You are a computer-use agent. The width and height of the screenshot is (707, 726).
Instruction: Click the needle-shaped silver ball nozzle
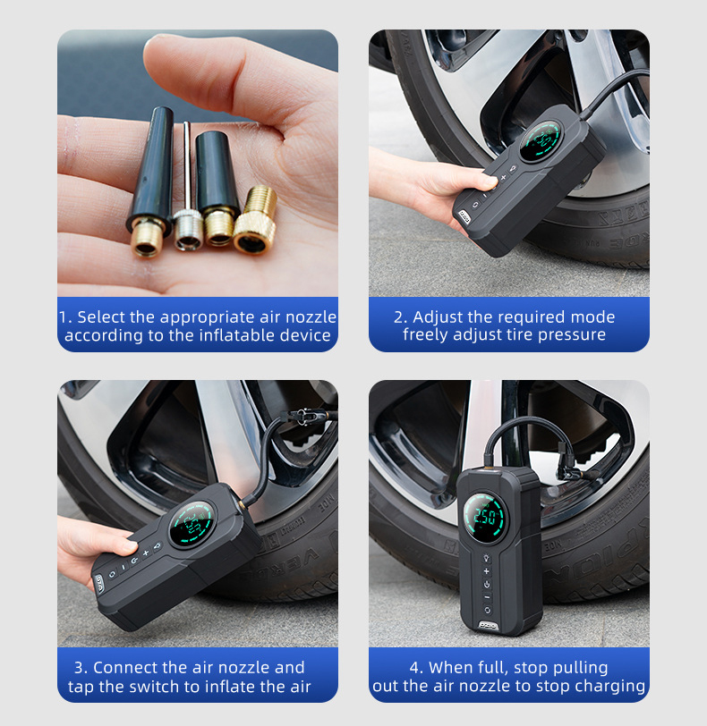[x=187, y=195]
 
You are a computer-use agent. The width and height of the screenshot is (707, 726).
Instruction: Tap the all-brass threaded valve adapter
[x=256, y=220]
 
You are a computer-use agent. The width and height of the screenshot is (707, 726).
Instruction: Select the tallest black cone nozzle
[x=149, y=181]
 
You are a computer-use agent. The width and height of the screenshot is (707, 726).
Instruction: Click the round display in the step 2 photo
[x=540, y=140]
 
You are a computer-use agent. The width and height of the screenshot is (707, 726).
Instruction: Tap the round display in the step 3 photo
[x=192, y=524]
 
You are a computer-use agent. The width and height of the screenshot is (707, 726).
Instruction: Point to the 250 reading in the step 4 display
[x=483, y=517]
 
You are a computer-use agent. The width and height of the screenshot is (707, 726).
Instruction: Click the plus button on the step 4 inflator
[x=487, y=571]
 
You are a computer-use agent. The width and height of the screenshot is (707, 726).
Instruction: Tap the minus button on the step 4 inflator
[x=487, y=597]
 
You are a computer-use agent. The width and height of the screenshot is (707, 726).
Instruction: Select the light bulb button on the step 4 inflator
[x=487, y=558]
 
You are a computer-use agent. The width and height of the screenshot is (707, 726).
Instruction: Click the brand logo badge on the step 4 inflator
[x=488, y=626]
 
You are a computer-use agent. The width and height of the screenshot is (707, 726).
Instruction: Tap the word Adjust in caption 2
[x=438, y=317]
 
